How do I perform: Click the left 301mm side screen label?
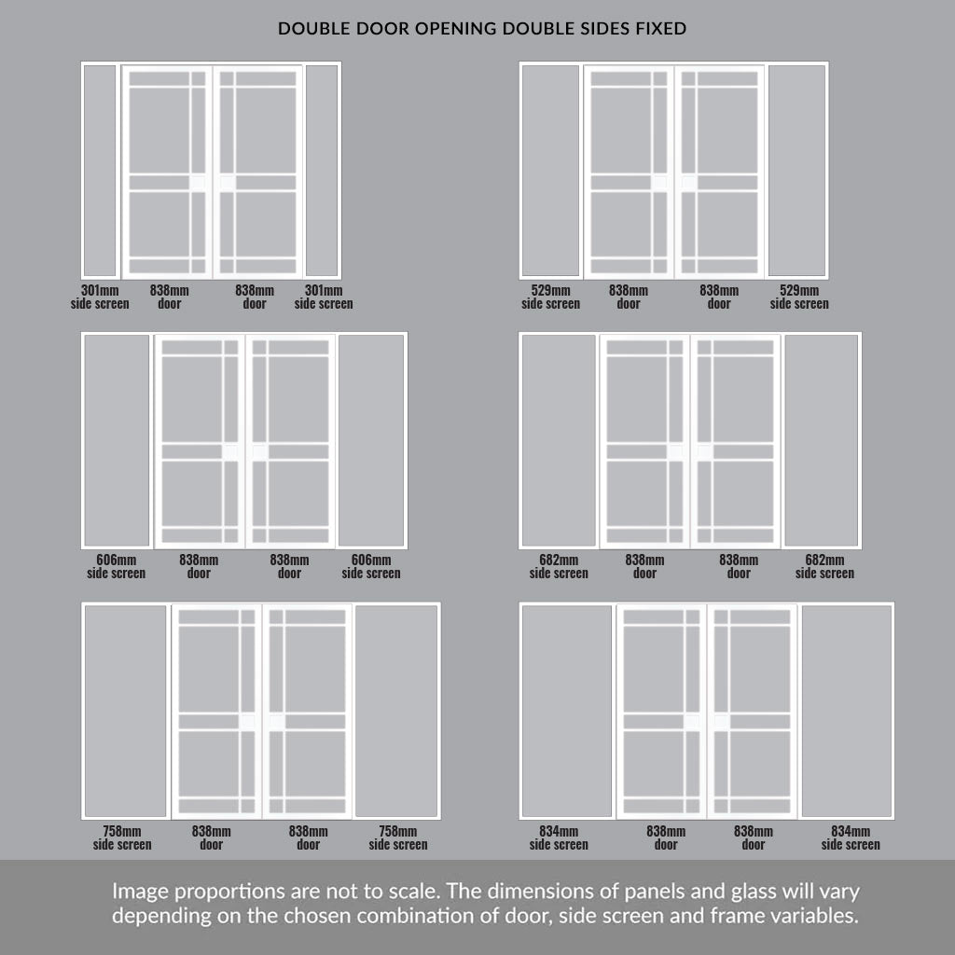pyautogui.click(x=100, y=297)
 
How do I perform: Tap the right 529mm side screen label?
pyautogui.click(x=799, y=297)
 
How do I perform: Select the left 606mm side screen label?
pyautogui.click(x=117, y=566)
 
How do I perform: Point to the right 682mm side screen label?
pyautogui.click(x=824, y=566)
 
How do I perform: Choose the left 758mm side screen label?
pyautogui.click(x=122, y=837)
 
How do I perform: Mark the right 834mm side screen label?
pyautogui.click(x=851, y=837)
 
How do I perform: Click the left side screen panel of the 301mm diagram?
pyautogui.click(x=100, y=171)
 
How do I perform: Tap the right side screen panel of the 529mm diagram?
pyautogui.click(x=797, y=171)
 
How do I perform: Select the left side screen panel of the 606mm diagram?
pyautogui.click(x=117, y=440)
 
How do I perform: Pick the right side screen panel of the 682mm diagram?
pyautogui.click(x=822, y=440)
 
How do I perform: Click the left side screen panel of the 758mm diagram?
pyautogui.click(x=126, y=711)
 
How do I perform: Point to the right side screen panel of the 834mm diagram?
pyautogui.click(x=847, y=711)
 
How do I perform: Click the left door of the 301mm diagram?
pyautogui.click(x=167, y=172)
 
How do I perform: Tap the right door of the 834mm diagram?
pyautogui.click(x=753, y=712)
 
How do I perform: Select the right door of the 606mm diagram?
pyautogui.click(x=291, y=441)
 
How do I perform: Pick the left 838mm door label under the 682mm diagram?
pyautogui.click(x=645, y=566)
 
